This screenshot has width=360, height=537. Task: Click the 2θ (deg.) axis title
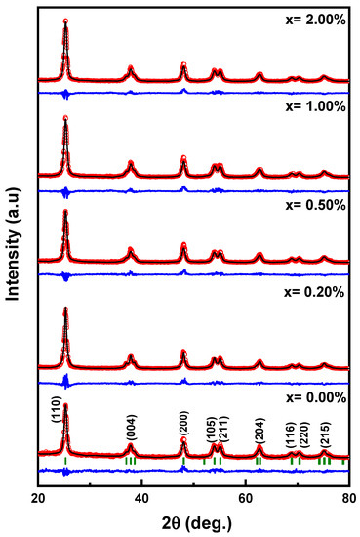point(193,522)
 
